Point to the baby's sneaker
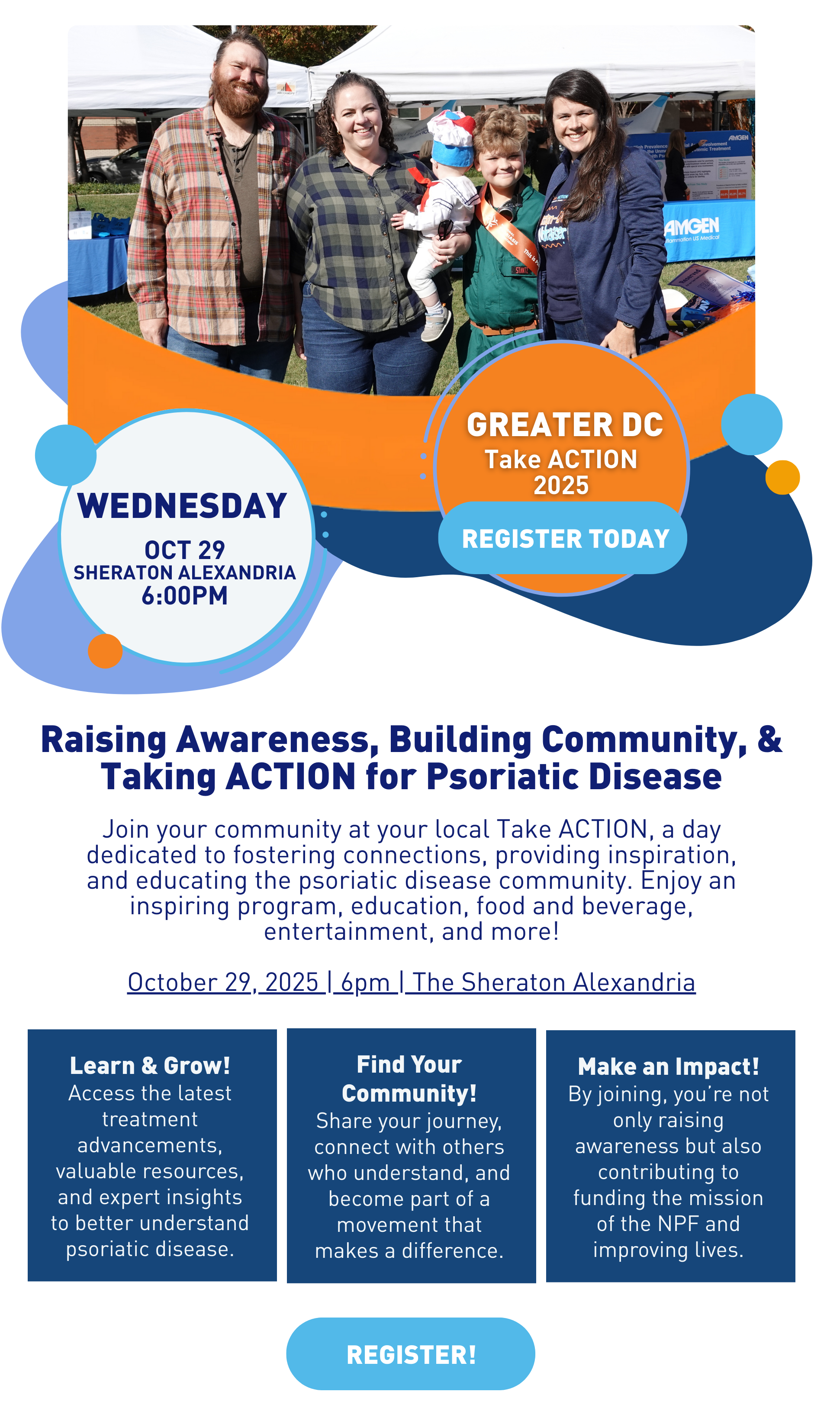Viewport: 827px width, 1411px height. coord(437,325)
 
